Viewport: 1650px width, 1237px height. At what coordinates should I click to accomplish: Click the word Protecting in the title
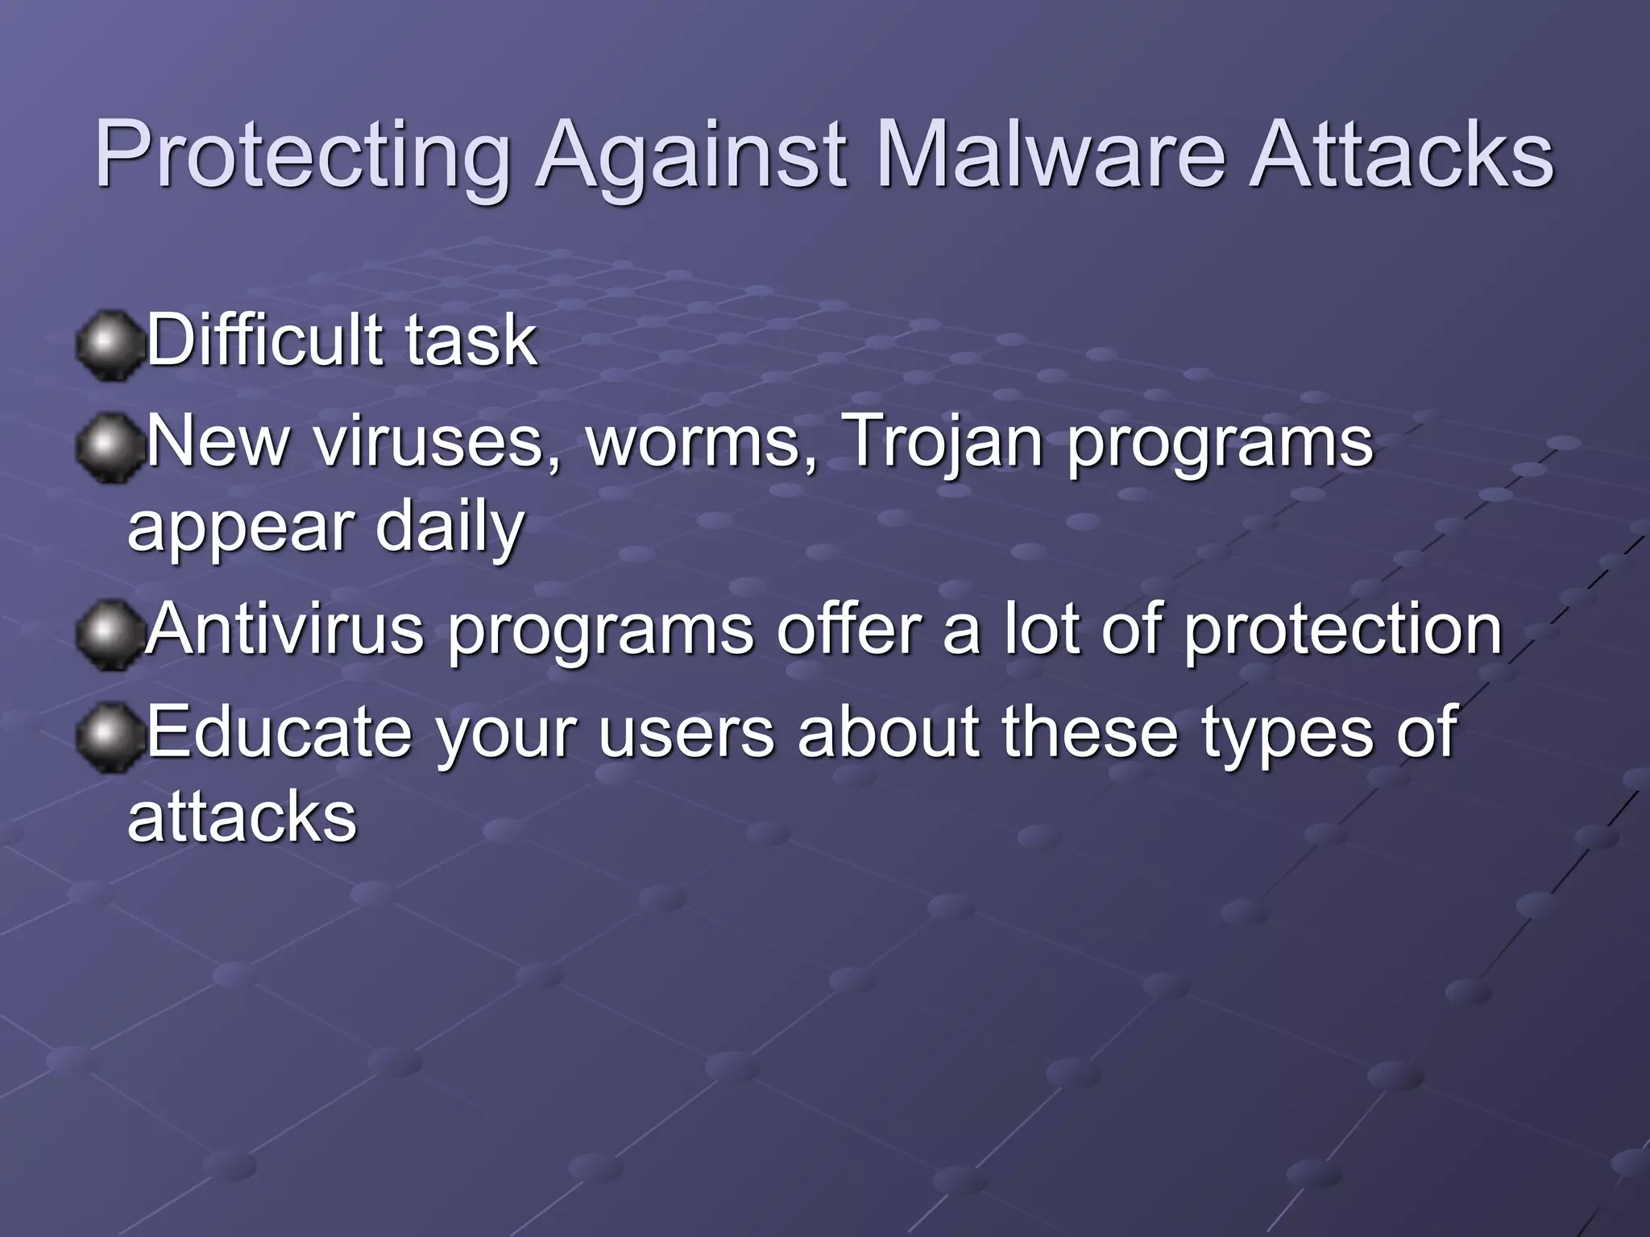pos(302,155)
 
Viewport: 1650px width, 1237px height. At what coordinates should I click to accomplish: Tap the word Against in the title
pos(692,155)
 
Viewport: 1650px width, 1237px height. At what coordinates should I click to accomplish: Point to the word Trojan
pos(944,443)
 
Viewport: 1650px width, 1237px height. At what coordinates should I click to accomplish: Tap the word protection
pos(1342,630)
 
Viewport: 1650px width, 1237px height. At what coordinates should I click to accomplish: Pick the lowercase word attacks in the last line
pos(242,817)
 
